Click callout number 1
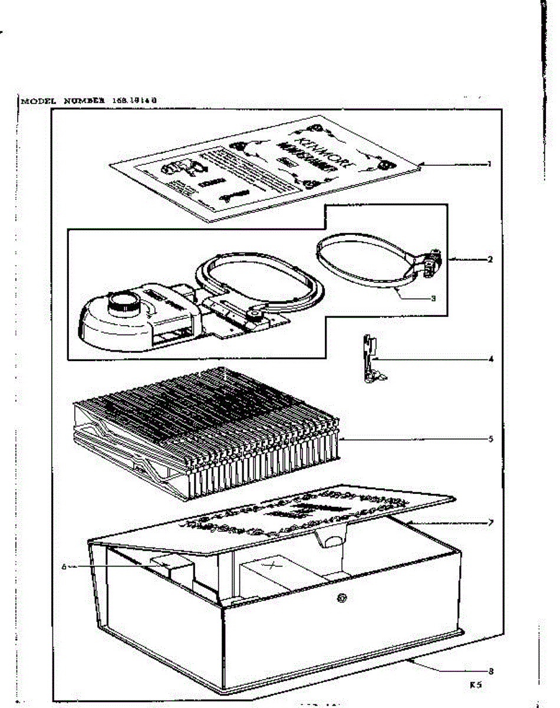tap(489, 164)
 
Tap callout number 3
tap(433, 299)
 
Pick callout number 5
tap(490, 439)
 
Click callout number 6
tap(64, 566)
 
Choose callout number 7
tap(490, 523)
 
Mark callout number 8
tap(490, 671)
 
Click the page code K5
tap(476, 686)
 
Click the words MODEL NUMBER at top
tap(64, 100)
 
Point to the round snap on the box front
tap(341, 598)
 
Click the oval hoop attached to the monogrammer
tap(259, 287)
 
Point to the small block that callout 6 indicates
tap(174, 570)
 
